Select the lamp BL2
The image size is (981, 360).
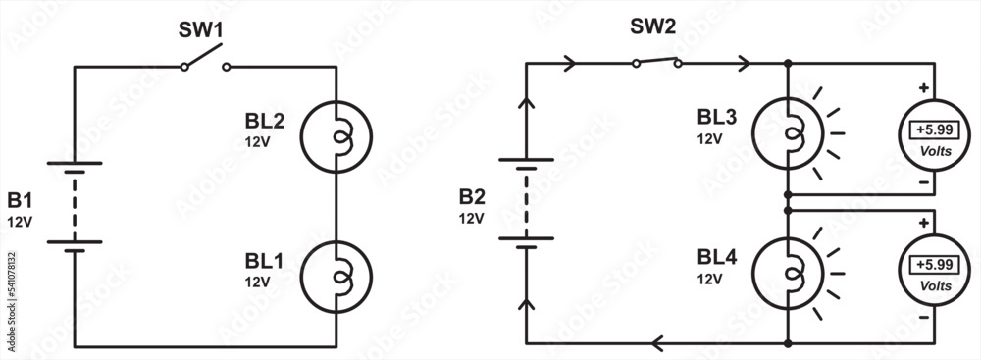tap(336, 134)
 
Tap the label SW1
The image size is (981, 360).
tap(201, 30)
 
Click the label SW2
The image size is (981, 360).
tap(652, 26)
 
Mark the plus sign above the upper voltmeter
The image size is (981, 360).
tap(923, 88)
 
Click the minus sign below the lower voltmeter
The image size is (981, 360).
tap(923, 319)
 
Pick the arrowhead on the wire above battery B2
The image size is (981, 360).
tap(527, 101)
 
